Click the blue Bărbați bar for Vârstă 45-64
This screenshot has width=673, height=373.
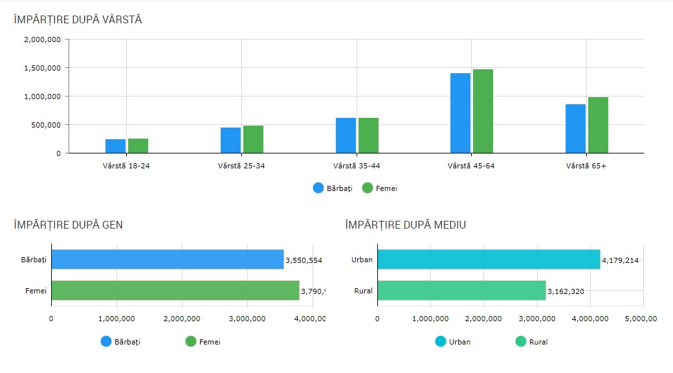tap(460, 113)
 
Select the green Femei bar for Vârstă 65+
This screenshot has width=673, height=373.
tap(598, 125)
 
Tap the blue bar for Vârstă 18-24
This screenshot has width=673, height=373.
tap(115, 146)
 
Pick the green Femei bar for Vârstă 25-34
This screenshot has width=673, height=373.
tap(253, 139)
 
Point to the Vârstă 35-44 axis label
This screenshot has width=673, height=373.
tap(357, 166)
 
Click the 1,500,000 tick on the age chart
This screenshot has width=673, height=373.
tap(43, 68)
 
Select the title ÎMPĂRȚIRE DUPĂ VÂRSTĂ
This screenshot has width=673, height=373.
tap(78, 19)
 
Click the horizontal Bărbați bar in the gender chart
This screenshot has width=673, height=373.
tap(167, 260)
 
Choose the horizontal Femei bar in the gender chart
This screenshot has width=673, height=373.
tap(175, 291)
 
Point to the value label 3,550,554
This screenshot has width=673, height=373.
tap(303, 260)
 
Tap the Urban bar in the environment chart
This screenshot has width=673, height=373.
tap(489, 260)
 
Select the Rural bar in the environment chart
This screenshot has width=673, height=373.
tap(461, 291)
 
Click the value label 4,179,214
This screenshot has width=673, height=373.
tap(620, 260)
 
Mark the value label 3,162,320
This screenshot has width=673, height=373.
tap(566, 291)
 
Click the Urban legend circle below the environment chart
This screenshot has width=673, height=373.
tap(442, 341)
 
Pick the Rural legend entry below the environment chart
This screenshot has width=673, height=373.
tap(530, 341)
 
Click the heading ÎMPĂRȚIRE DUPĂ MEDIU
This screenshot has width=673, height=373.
tap(406, 225)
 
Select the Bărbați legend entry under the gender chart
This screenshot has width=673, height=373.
tap(120, 341)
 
